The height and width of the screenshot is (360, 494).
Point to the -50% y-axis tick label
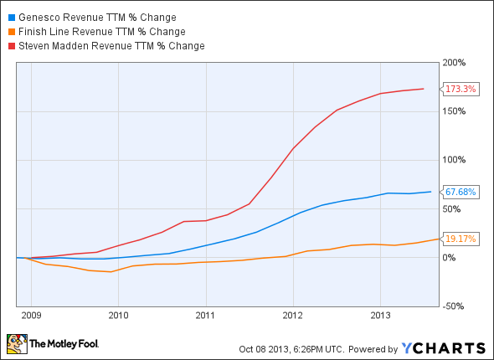tap(456, 306)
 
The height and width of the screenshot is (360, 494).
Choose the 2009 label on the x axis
tap(30, 316)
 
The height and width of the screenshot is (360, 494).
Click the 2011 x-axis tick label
tap(205, 316)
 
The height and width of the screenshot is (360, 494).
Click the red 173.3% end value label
tap(461, 89)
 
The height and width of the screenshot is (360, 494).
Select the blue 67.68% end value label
tap(461, 192)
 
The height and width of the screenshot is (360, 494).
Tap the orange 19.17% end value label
tap(461, 239)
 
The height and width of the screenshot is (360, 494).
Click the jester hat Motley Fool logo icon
tap(16, 344)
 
